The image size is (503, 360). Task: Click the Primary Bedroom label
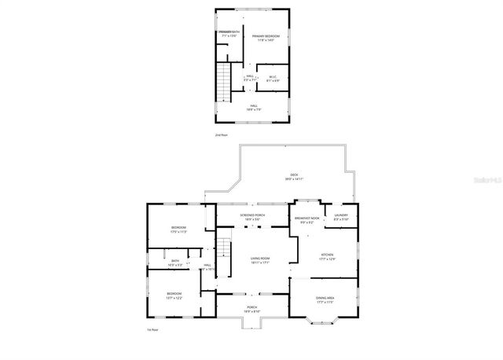266,38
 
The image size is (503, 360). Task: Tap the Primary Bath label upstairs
229,34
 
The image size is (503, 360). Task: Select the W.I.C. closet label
273,78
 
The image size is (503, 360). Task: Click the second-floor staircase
224,79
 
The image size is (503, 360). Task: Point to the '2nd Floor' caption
222,135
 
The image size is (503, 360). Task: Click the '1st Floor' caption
153,329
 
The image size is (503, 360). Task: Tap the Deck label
294,176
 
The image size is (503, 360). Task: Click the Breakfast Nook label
307,219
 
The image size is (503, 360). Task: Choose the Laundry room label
341,217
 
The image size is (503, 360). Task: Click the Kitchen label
328,256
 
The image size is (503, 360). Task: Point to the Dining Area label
325,299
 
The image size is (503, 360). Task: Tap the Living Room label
260,260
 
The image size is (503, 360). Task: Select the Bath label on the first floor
175,263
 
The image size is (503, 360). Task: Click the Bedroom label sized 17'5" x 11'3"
178,230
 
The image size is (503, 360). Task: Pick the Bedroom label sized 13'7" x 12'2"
174,296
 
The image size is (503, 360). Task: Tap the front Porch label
252,308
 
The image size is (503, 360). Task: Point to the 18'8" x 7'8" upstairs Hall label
254,107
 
